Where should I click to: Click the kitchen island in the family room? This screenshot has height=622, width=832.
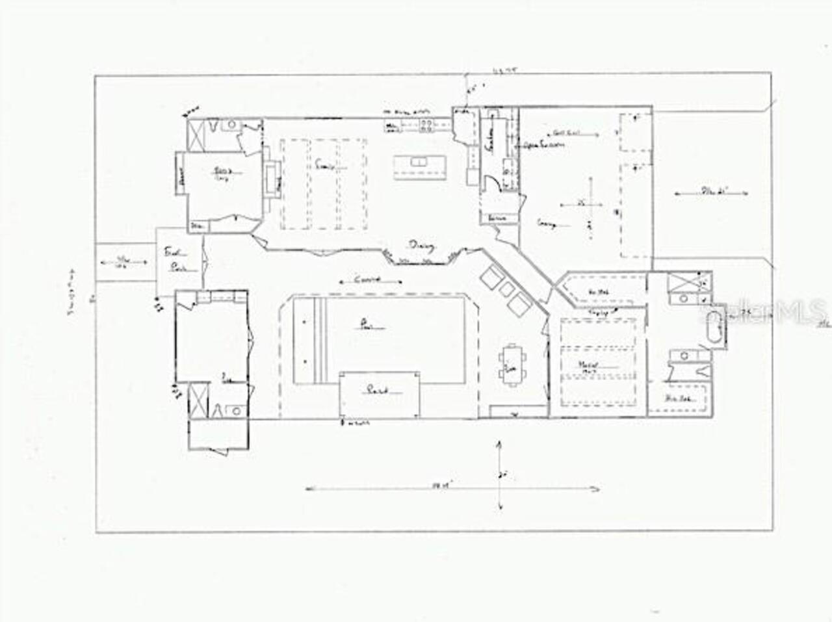point(419,168)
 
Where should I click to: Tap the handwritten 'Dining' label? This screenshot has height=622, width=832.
point(421,246)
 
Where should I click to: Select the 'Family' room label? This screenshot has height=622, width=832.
point(324,166)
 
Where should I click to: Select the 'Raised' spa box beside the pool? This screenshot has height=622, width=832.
point(379,393)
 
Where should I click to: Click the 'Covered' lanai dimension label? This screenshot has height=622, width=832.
point(370,281)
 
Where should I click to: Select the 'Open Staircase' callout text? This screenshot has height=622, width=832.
point(543,145)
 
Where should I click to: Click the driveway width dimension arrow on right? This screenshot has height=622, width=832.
point(712,192)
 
